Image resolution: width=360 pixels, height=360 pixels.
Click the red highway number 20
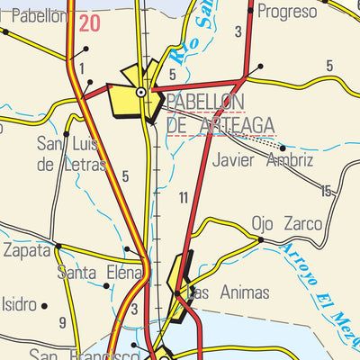[x=89, y=23]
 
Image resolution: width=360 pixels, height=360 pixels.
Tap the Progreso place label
[x=287, y=12]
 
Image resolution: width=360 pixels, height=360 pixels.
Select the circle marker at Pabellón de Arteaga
[x=141, y=92]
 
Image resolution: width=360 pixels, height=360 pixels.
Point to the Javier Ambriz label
[x=263, y=161]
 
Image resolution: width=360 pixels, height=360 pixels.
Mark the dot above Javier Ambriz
[x=283, y=148]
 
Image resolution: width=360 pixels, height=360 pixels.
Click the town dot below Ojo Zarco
[x=260, y=240]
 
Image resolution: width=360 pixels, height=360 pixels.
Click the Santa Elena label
[x=100, y=272]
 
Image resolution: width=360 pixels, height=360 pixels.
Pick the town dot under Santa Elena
[x=106, y=286]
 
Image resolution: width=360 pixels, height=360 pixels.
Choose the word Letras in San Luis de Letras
[x=82, y=165]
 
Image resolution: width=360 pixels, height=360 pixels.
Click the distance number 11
[x=183, y=197]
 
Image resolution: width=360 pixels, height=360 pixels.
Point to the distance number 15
[x=326, y=191]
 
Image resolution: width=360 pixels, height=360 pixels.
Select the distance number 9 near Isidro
[x=62, y=322]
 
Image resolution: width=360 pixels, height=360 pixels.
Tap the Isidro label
[x=17, y=303]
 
